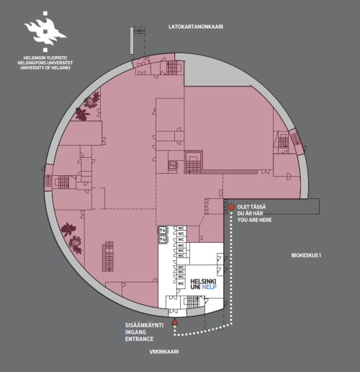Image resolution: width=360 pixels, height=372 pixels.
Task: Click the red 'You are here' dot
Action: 231,207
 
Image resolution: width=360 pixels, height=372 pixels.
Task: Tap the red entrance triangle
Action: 175,322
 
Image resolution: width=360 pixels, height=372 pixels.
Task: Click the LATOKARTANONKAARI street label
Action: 196,27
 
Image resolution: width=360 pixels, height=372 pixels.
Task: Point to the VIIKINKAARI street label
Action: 164,352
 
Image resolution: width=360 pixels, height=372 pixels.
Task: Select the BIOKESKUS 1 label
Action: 306,255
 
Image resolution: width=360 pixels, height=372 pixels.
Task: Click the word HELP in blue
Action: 209,287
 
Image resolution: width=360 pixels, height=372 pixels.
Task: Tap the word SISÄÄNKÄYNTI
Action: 144,325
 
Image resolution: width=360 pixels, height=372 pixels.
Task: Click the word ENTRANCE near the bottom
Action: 139,339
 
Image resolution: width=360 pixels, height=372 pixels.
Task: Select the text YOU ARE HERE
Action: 254,220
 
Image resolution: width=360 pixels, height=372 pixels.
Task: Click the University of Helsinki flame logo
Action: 45,31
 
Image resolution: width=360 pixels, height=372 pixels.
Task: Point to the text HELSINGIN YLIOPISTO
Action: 45,58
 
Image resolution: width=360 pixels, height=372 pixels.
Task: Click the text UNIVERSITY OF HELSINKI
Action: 45,68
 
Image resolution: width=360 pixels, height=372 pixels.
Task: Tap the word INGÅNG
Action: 135,332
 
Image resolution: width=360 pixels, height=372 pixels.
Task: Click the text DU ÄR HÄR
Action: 250,213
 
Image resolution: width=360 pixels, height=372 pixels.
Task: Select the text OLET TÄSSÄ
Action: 251,207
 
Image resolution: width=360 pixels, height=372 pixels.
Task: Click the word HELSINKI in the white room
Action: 203,281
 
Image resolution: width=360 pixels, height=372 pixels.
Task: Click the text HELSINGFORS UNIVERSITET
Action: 45,63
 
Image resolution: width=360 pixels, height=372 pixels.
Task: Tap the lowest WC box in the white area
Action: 181,283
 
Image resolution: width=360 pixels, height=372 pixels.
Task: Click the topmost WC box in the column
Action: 181,228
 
